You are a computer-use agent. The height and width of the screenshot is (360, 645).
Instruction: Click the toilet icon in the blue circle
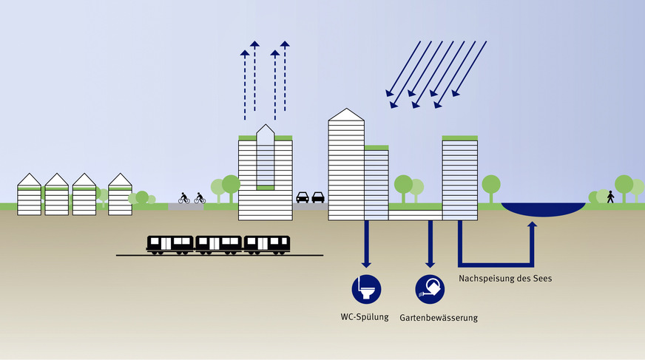pos(364,288)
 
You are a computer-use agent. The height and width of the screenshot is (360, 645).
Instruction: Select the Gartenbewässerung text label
pos(439,318)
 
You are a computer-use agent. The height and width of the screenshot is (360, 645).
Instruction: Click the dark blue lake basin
pos(541,209)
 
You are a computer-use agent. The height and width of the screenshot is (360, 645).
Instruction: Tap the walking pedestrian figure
pos(610,197)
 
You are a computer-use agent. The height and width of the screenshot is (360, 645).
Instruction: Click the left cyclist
pos(184,197)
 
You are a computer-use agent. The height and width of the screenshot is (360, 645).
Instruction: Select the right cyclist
pos(200,197)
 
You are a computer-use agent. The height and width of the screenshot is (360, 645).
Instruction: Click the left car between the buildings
pos(303,197)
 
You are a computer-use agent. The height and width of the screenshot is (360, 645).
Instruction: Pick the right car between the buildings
pos(318,197)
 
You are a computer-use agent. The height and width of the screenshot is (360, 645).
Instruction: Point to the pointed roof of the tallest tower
pos(346,115)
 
